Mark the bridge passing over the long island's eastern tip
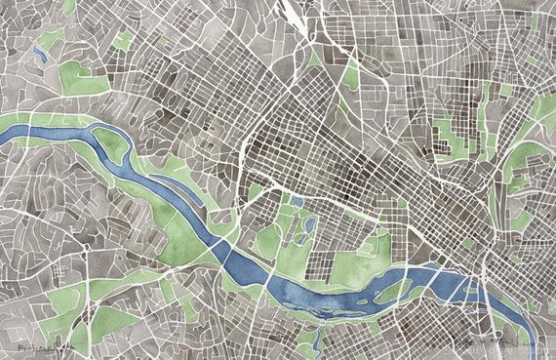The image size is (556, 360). pos(420,281)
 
